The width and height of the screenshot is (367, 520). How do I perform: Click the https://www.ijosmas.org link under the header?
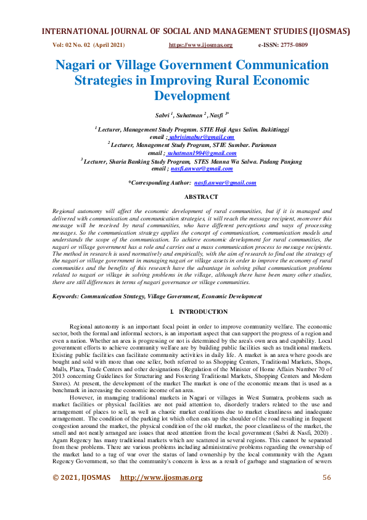[x=200, y=45]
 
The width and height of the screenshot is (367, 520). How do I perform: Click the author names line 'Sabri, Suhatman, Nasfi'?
[x=183, y=115]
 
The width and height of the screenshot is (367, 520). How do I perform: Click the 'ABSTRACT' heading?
[x=201, y=196]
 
